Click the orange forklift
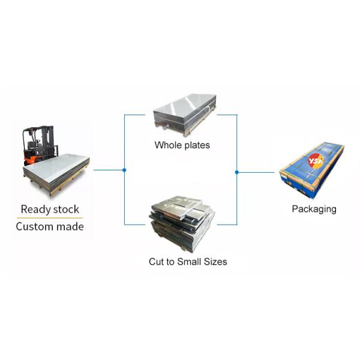[37, 147]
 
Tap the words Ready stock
[50, 209]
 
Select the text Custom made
[50, 227]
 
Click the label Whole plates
[182, 145]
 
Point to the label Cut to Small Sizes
[188, 262]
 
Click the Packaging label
[314, 209]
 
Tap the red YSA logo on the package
[316, 161]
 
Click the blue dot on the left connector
[124, 170]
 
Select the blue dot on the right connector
[236, 172]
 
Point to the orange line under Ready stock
[50, 218]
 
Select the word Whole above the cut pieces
[167, 145]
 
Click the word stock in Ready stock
[65, 209]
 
